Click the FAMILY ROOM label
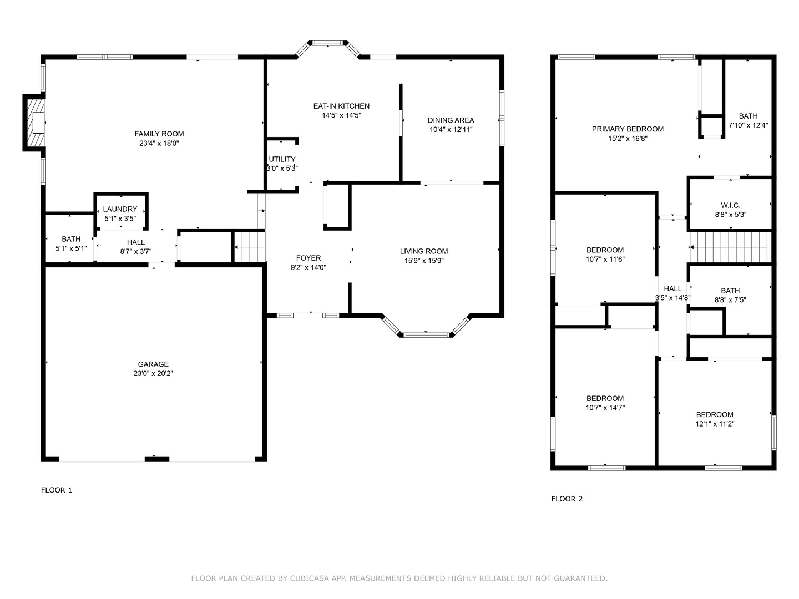coord(159,134)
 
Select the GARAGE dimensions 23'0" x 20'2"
coord(153,374)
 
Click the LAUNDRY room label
coord(120,209)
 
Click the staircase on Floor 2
coord(729,247)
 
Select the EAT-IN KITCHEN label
coord(341,106)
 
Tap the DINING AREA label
coord(451,120)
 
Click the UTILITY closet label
coord(282,159)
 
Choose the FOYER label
coord(308,258)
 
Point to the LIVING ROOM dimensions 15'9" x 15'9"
coord(424,261)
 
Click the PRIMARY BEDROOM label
coord(628,129)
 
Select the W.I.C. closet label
coord(730,205)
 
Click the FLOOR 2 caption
coord(567,499)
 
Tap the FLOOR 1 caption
coord(57,490)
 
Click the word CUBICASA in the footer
coord(311,578)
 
